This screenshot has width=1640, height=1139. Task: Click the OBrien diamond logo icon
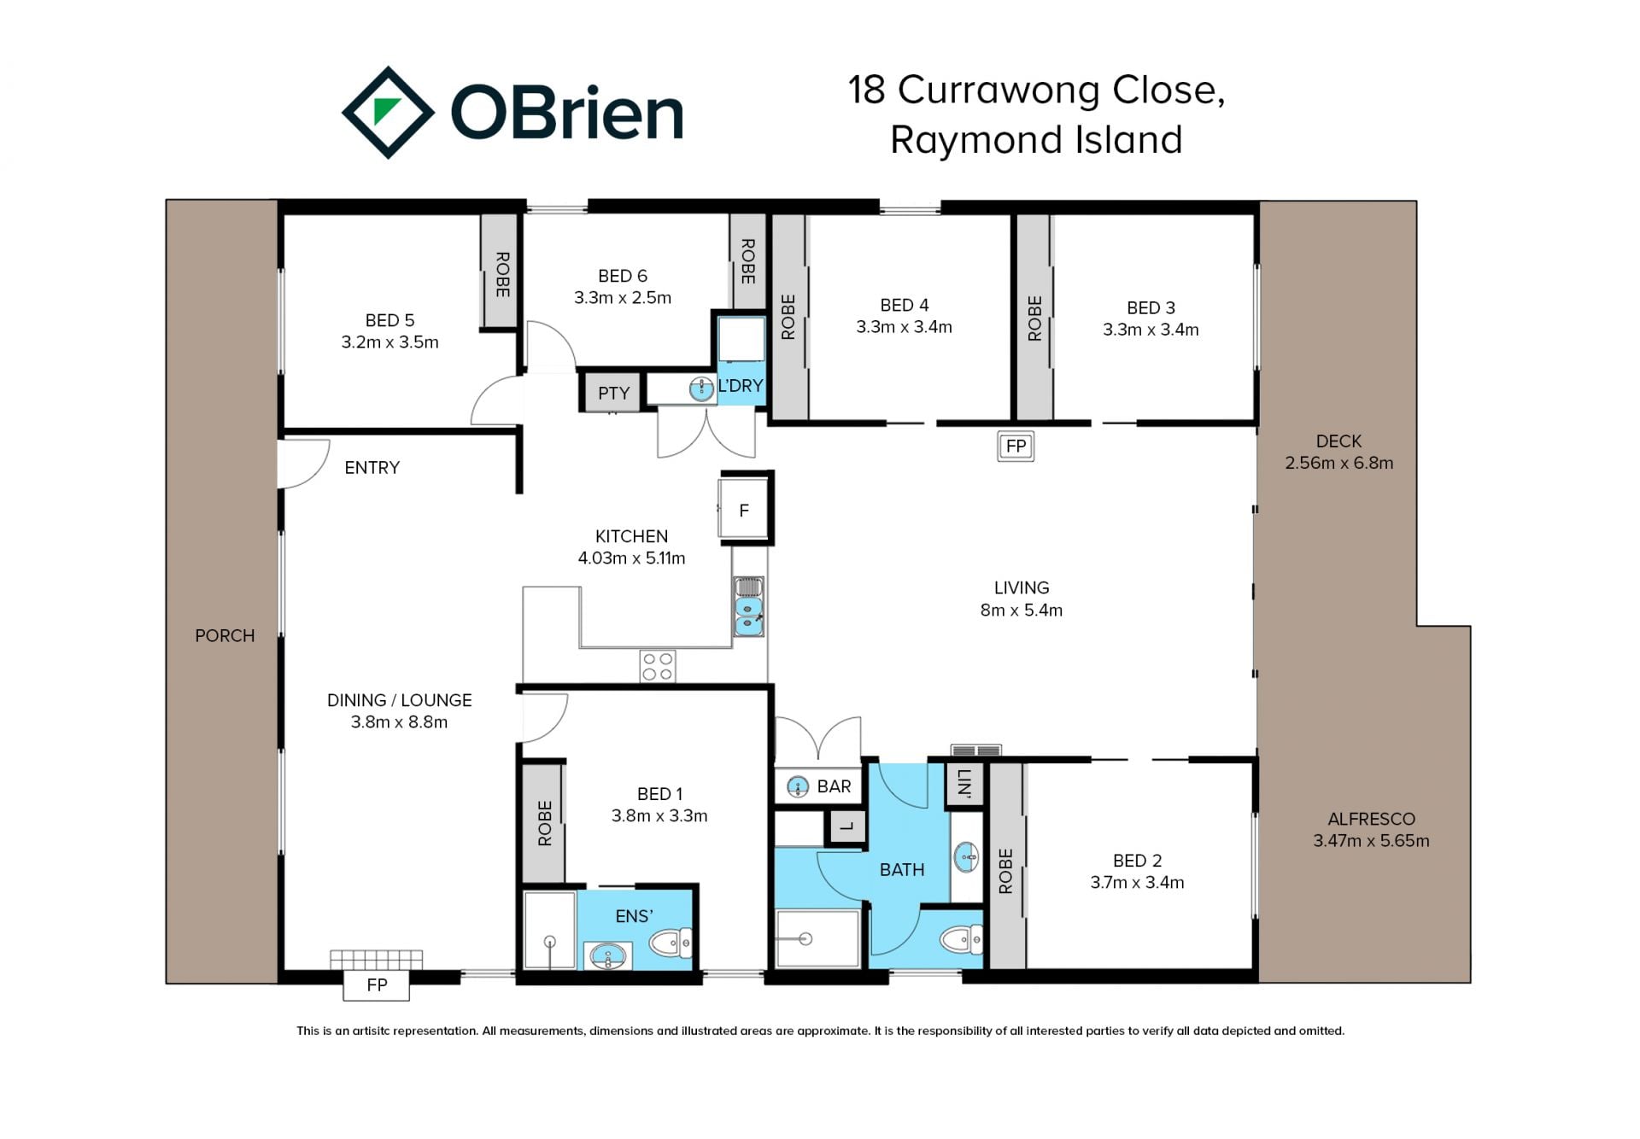pyautogui.click(x=388, y=113)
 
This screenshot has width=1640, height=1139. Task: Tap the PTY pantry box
pyautogui.click(x=612, y=393)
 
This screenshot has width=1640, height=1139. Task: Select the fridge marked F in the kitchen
pyautogui.click(x=744, y=510)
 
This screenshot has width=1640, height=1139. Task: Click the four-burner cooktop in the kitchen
pyautogui.click(x=658, y=667)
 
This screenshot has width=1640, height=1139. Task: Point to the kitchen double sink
pyautogui.click(x=749, y=607)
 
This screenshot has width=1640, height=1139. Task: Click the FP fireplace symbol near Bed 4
pyautogui.click(x=1016, y=446)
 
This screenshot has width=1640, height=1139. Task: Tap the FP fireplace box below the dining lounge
pyautogui.click(x=377, y=985)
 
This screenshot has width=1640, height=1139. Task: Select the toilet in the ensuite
pyautogui.click(x=671, y=943)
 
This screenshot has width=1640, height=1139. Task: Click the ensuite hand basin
pyautogui.click(x=608, y=955)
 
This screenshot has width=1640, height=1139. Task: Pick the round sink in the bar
pyautogui.click(x=797, y=786)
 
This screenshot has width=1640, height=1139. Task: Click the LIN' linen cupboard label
pyautogui.click(x=965, y=783)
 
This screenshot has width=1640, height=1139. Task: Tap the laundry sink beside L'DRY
pyautogui.click(x=701, y=389)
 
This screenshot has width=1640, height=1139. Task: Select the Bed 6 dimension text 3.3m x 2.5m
pyautogui.click(x=623, y=298)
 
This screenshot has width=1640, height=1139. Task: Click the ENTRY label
pyautogui.click(x=372, y=468)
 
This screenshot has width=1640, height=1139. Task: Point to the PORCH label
pyautogui.click(x=225, y=636)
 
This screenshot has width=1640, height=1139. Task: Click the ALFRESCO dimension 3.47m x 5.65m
pyautogui.click(x=1371, y=841)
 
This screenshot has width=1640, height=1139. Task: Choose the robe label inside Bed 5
pyautogui.click(x=502, y=274)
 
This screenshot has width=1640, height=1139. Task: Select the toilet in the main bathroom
pyautogui.click(x=961, y=940)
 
